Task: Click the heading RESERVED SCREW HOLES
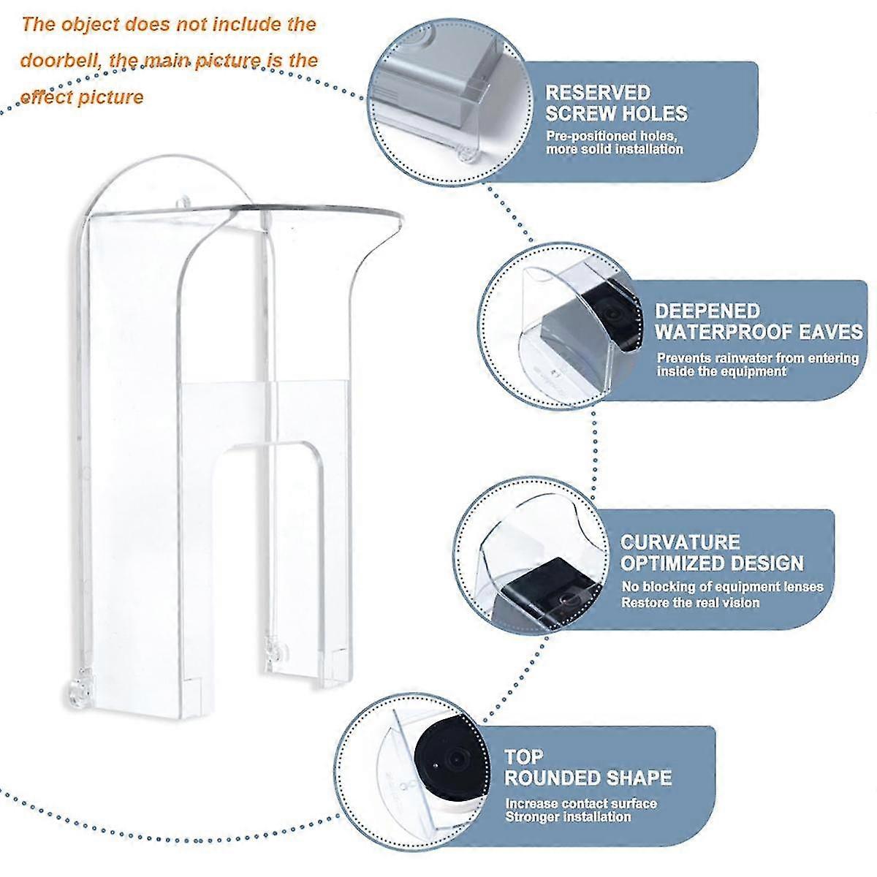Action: (x=617, y=103)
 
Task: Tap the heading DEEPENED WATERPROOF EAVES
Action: (x=758, y=322)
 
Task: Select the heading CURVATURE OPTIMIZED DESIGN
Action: (x=712, y=553)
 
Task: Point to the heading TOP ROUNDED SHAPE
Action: (x=588, y=767)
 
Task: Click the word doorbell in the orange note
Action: (x=61, y=60)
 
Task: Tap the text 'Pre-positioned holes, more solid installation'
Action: (x=614, y=143)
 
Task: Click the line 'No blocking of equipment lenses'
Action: (x=722, y=587)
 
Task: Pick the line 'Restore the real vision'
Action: (x=690, y=603)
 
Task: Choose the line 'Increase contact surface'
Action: (x=581, y=804)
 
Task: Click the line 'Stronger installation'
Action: (x=568, y=816)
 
